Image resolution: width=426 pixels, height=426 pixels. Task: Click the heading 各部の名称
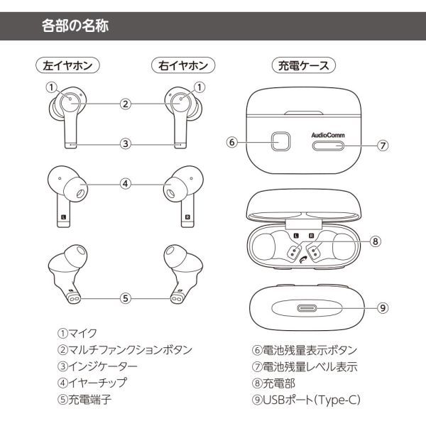coord(75,28)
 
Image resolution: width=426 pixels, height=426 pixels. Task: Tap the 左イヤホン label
coord(67,66)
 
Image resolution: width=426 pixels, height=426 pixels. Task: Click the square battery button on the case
coord(280,141)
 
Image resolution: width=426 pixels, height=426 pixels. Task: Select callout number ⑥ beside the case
coord(231,141)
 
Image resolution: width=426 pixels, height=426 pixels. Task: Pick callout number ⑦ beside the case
coord(382,146)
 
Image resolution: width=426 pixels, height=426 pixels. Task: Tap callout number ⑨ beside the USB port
coord(382,308)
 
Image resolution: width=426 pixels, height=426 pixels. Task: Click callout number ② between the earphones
coord(125,104)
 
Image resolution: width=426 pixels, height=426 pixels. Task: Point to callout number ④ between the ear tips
coord(125,183)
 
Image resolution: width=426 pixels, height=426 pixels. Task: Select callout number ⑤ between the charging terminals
coord(125,298)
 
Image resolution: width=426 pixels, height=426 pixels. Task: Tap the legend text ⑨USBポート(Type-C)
coord(306,400)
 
